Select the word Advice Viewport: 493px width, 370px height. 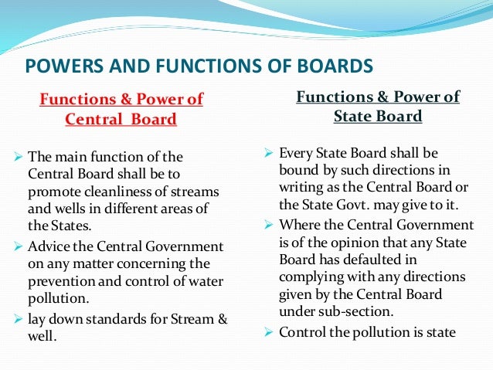point(56,246)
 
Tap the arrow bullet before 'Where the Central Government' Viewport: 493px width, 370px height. point(269,225)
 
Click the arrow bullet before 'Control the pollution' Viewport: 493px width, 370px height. point(269,333)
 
